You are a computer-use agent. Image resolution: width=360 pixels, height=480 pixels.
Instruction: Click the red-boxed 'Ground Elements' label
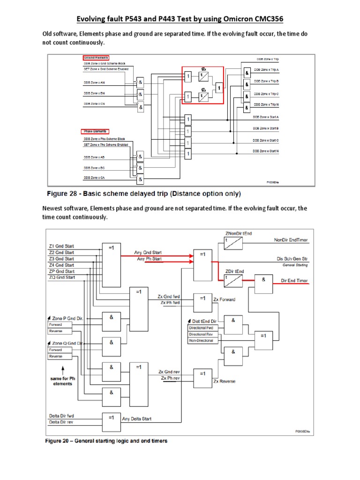[96, 58]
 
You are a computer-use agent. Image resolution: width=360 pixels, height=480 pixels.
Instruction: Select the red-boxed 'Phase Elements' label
[95, 131]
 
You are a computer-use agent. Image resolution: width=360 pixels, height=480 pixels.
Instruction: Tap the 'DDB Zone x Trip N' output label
[266, 105]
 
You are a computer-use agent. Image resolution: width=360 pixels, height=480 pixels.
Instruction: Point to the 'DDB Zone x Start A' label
[266, 117]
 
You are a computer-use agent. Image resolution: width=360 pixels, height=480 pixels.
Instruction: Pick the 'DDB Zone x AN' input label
[95, 82]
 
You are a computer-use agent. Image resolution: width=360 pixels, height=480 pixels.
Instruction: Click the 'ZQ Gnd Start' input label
[61, 277]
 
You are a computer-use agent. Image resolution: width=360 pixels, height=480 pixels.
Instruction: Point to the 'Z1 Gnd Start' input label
[61, 246]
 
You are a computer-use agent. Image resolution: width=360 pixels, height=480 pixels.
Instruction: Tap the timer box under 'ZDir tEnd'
[233, 280]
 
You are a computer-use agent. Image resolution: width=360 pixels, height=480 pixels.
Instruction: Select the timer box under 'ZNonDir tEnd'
[233, 243]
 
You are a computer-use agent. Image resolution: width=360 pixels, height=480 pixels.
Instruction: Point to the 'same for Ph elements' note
[60, 381]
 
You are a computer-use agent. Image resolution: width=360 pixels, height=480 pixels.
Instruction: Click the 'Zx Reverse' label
[225, 382]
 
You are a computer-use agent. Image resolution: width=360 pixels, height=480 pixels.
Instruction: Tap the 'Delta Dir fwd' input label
[61, 416]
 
